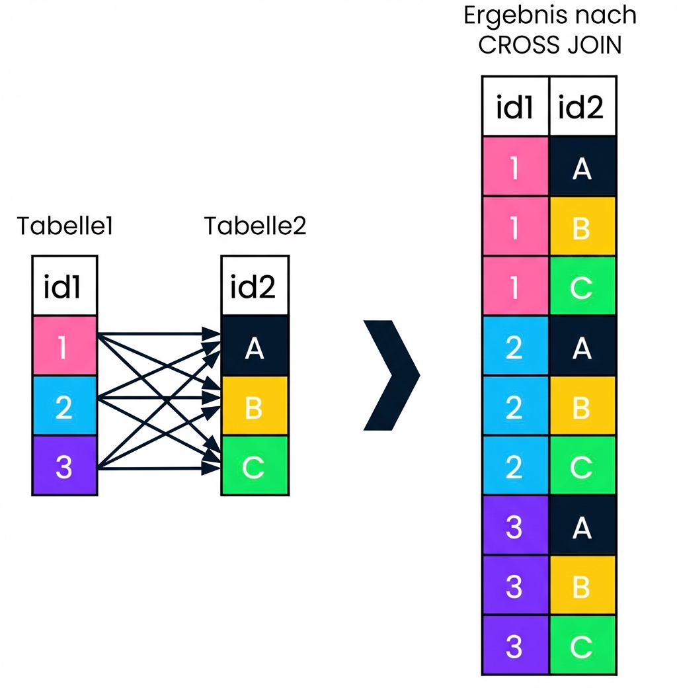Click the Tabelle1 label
click(65, 227)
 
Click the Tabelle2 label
click(255, 227)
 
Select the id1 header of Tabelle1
click(65, 286)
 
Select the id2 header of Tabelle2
click(255, 286)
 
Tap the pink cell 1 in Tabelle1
click(65, 347)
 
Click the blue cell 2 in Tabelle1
click(65, 406)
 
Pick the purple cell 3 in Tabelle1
click(65, 466)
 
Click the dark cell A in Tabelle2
click(255, 347)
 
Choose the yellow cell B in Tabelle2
click(255, 406)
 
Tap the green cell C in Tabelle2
click(255, 466)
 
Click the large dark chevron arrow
click(393, 376)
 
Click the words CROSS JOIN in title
click(549, 46)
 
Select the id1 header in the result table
click(515, 107)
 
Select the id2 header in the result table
click(582, 107)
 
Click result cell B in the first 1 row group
click(582, 226)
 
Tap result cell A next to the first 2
click(582, 346)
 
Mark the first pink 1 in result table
click(515, 167)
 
